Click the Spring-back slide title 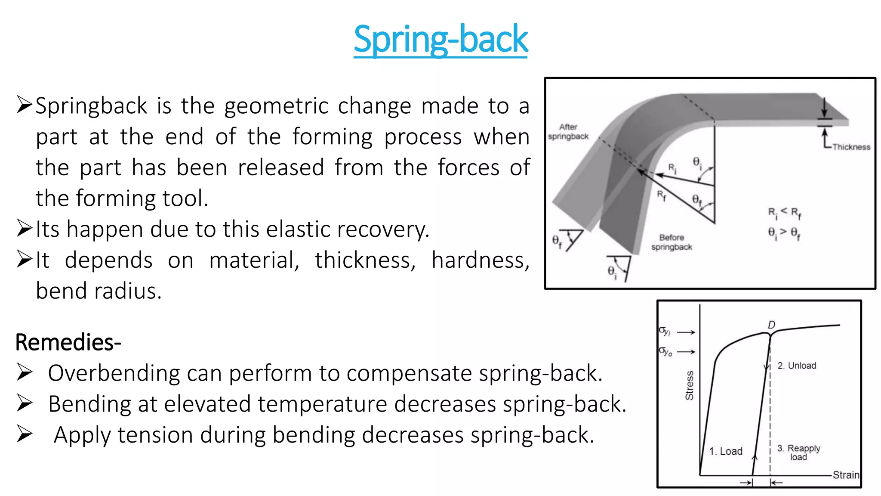pos(440,40)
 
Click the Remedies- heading pos(68,342)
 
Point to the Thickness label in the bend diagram pos(851,147)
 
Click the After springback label pos(568,132)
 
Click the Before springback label pos(672,242)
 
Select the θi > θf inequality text pos(785,233)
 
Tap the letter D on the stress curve pos(771,325)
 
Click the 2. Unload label pos(797,366)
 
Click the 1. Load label pos(726,451)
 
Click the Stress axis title pos(690,385)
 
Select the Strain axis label pos(846,475)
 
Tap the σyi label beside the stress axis pos(665,331)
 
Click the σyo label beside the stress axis pos(665,351)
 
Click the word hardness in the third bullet pos(480,260)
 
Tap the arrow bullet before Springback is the pos(24,105)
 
